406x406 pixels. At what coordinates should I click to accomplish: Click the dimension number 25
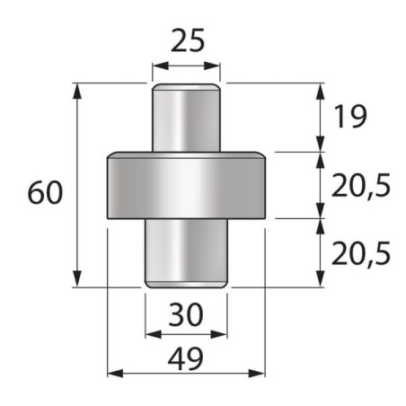(x=188, y=40)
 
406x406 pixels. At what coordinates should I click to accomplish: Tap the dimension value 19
(x=350, y=117)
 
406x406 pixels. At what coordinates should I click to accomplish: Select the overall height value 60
(x=45, y=192)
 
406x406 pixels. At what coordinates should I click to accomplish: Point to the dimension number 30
(x=186, y=314)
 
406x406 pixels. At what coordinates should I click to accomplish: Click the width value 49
(x=186, y=358)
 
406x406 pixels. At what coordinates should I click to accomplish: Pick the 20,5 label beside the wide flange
(x=361, y=186)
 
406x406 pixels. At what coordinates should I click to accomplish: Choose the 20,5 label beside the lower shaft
(x=361, y=254)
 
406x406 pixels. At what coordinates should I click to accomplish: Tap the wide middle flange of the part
(x=186, y=185)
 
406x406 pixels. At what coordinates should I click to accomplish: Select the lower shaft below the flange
(x=186, y=253)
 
